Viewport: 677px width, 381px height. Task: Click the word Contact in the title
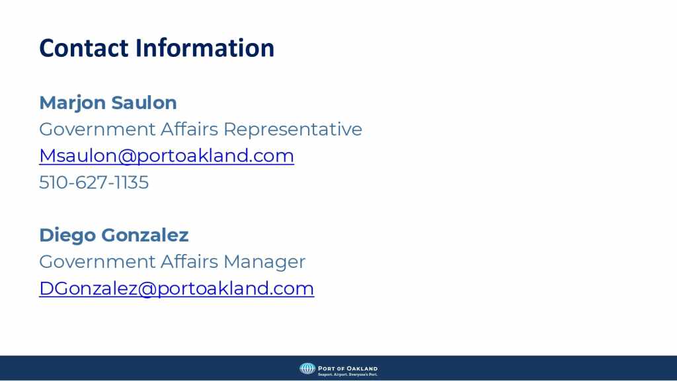click(x=84, y=48)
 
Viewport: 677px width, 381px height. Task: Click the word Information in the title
click(x=205, y=48)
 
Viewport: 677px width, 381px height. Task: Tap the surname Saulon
click(x=144, y=103)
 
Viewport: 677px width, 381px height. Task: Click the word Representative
click(x=293, y=129)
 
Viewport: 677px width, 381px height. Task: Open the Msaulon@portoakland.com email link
click(x=167, y=156)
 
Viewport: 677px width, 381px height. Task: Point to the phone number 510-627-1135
click(x=94, y=183)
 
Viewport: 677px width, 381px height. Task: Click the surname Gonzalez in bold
click(x=145, y=235)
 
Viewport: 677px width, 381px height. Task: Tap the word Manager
click(x=264, y=262)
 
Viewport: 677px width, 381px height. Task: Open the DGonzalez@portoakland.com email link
click(x=177, y=288)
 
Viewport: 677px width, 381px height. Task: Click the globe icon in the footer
click(x=307, y=368)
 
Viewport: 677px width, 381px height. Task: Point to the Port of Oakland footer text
click(x=348, y=368)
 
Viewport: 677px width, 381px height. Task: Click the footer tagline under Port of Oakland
click(x=348, y=374)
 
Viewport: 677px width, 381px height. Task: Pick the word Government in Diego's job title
click(x=97, y=262)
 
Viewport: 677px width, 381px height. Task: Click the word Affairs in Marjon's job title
click(x=189, y=129)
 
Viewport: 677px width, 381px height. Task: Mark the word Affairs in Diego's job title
click(x=189, y=261)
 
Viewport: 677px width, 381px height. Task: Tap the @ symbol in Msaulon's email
click(x=127, y=156)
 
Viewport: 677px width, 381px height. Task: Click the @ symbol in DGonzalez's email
click(x=147, y=289)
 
